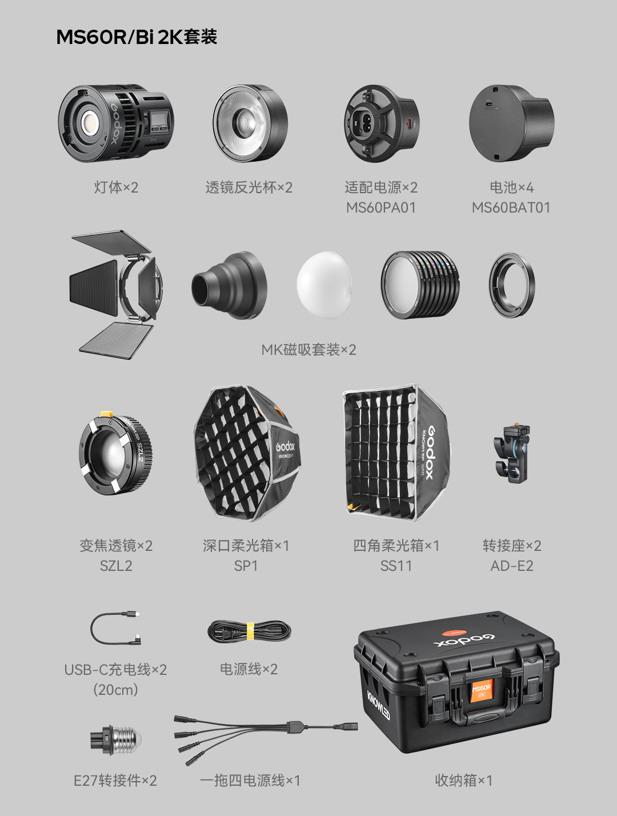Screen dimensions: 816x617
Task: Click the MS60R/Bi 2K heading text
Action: point(136,38)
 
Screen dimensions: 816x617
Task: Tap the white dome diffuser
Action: point(324,285)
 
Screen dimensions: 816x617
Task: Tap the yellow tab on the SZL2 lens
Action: point(106,413)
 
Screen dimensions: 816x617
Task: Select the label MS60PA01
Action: point(381,207)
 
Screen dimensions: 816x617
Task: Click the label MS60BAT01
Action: point(511,207)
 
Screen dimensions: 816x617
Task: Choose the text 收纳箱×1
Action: point(463,781)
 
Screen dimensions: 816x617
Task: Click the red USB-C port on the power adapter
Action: point(410,124)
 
